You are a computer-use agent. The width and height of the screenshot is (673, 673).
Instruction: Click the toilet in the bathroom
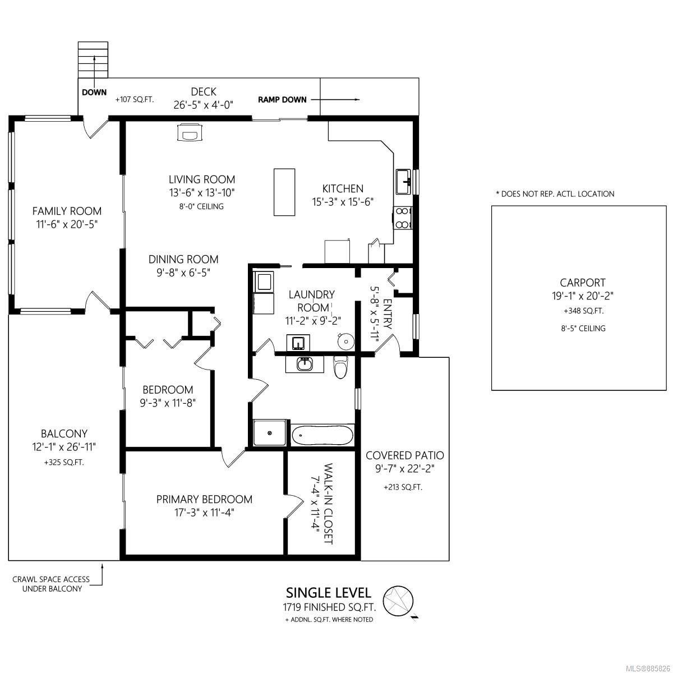pos(340,367)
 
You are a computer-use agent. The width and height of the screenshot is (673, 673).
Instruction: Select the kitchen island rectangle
pos(284,192)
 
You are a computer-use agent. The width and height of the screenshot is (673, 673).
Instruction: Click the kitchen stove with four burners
pos(403,218)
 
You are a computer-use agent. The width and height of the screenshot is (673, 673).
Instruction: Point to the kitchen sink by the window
pos(404,181)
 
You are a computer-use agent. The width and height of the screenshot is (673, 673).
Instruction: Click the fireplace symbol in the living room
pos(190,132)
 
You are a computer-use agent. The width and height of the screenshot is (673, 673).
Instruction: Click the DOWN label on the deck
pos(94,93)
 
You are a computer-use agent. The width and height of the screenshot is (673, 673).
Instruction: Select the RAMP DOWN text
pos(282,99)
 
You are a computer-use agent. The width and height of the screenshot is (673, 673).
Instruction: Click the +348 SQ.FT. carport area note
pos(583,311)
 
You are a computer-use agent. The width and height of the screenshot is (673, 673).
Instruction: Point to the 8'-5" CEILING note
pos(583,328)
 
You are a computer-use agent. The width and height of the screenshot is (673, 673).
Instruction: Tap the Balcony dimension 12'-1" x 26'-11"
pos(64,446)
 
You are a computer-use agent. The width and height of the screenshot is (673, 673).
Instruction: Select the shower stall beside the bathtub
pos(270,433)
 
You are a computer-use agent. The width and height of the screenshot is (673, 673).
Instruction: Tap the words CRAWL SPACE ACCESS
pos(51,579)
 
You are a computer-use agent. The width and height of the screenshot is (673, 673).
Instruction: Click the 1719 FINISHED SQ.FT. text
pos(329,607)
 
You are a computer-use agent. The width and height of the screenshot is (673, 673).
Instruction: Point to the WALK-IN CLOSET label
pos(328,504)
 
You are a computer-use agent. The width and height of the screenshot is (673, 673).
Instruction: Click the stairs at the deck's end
pos(93,59)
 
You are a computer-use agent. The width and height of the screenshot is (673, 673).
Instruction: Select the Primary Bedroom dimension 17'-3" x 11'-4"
pos(204,513)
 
